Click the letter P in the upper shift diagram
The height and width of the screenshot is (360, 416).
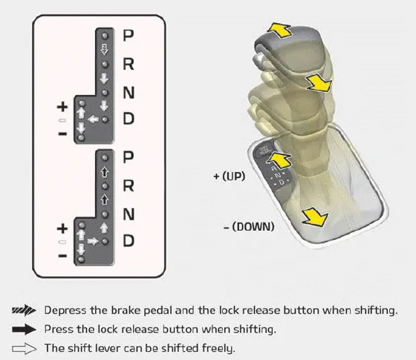tap(129, 34)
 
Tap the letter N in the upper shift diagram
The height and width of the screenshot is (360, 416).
tap(129, 92)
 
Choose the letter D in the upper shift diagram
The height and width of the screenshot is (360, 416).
tap(129, 119)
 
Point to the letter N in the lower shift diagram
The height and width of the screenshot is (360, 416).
tap(129, 214)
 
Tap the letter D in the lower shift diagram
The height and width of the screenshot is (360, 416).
tap(129, 240)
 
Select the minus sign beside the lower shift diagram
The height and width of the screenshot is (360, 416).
tap(62, 255)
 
